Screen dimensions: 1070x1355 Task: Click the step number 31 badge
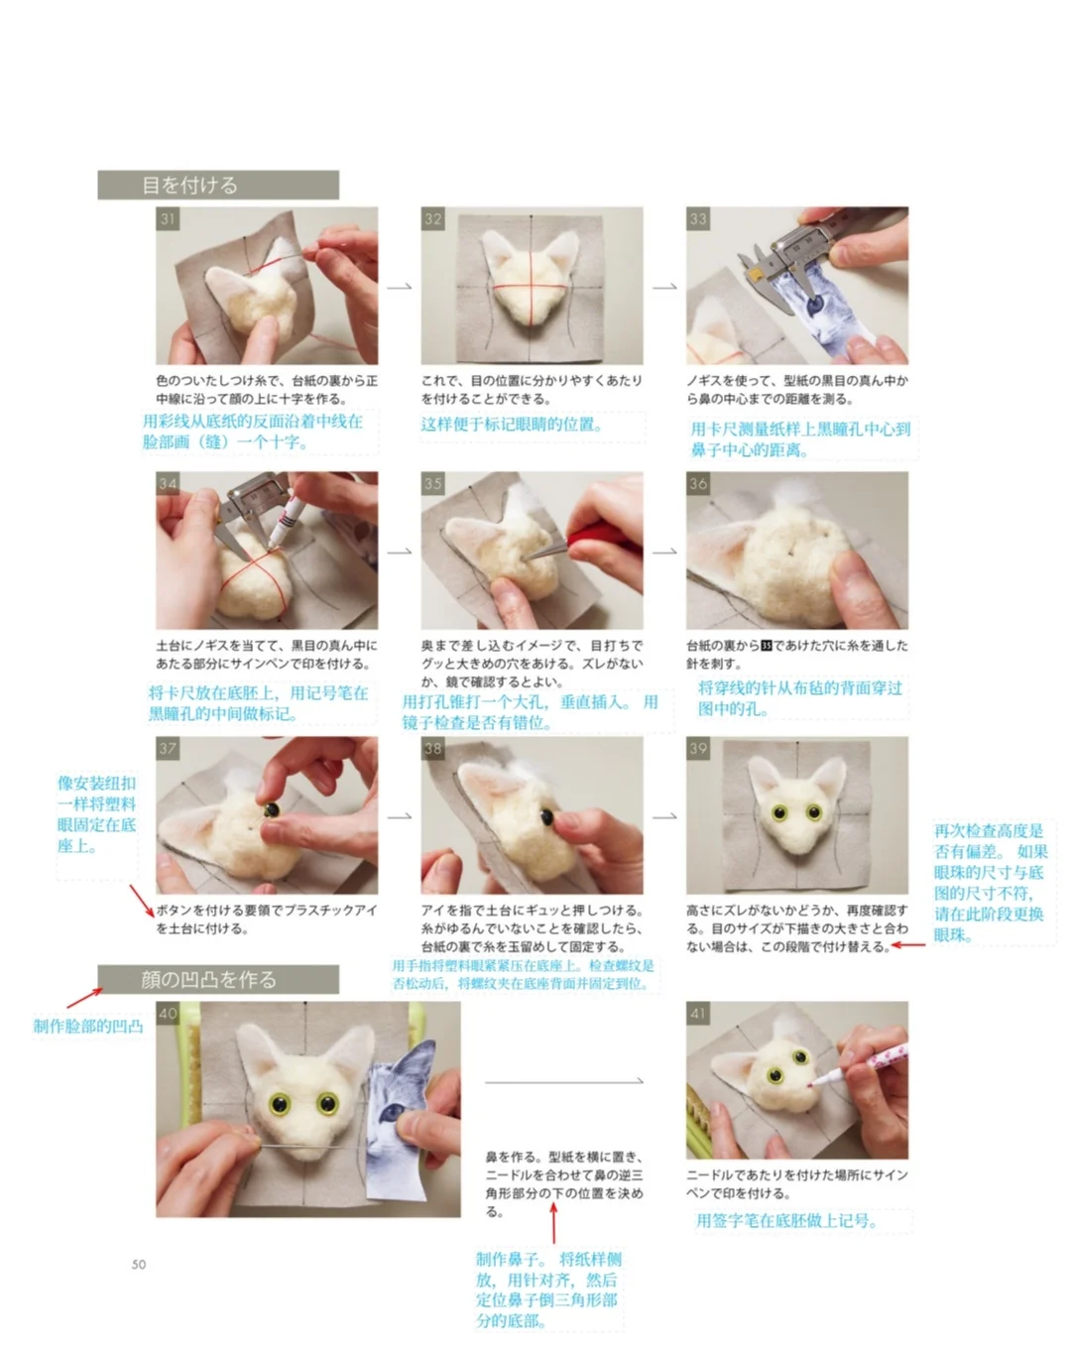(x=168, y=219)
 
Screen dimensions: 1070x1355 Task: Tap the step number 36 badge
(x=698, y=483)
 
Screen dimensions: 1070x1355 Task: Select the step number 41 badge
(x=698, y=1013)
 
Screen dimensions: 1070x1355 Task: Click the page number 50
(x=139, y=1264)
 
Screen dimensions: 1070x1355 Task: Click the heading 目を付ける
(x=189, y=185)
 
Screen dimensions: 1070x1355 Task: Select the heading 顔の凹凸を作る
(x=208, y=980)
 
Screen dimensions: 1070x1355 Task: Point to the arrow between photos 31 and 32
(x=399, y=287)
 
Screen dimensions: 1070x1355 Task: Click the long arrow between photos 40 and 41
(x=564, y=1082)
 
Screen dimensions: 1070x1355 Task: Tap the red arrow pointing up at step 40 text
(x=554, y=1223)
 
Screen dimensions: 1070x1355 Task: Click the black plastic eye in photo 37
(x=272, y=809)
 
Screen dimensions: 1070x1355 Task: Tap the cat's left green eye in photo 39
(x=779, y=812)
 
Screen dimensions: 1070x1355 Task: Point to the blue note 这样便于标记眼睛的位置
(x=512, y=425)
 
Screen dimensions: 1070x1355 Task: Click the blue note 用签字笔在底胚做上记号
(x=786, y=1221)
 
